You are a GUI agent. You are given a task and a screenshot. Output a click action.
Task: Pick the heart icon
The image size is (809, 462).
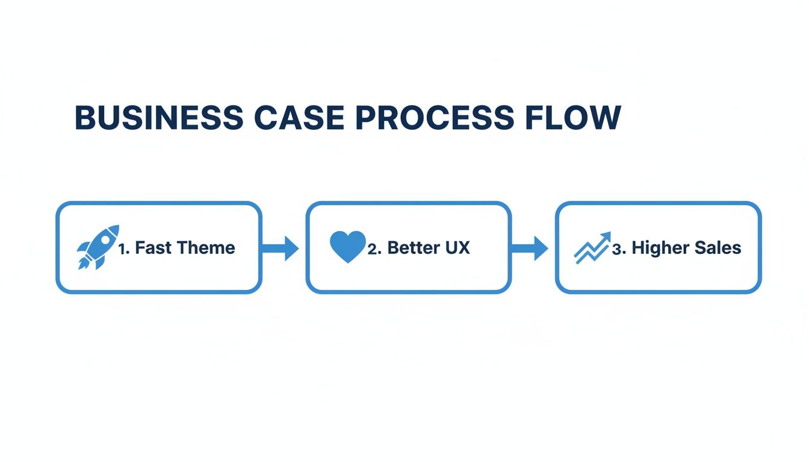point(348,247)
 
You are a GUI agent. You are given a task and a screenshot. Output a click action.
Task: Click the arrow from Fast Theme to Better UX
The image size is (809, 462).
point(281,248)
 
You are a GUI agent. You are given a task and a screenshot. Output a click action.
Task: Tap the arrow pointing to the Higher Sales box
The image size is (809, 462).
point(530,248)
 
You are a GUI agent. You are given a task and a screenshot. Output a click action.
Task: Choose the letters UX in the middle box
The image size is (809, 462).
point(457,248)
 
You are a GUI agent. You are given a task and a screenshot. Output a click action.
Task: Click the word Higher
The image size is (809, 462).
point(660,248)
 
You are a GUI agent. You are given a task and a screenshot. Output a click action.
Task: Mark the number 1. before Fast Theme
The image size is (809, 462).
point(124,248)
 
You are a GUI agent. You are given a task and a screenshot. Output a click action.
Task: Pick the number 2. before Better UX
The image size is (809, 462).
point(374,248)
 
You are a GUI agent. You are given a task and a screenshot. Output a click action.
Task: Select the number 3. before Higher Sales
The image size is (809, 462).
point(619,248)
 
